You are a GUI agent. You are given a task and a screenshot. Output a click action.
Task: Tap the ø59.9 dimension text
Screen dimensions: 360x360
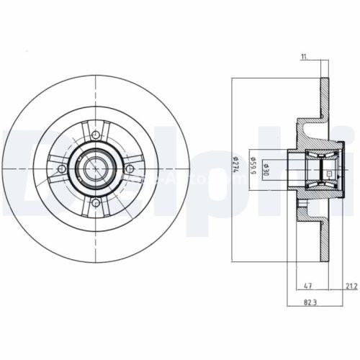click(x=253, y=166)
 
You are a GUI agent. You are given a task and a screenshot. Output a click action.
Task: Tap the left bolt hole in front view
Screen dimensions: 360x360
click(x=62, y=168)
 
